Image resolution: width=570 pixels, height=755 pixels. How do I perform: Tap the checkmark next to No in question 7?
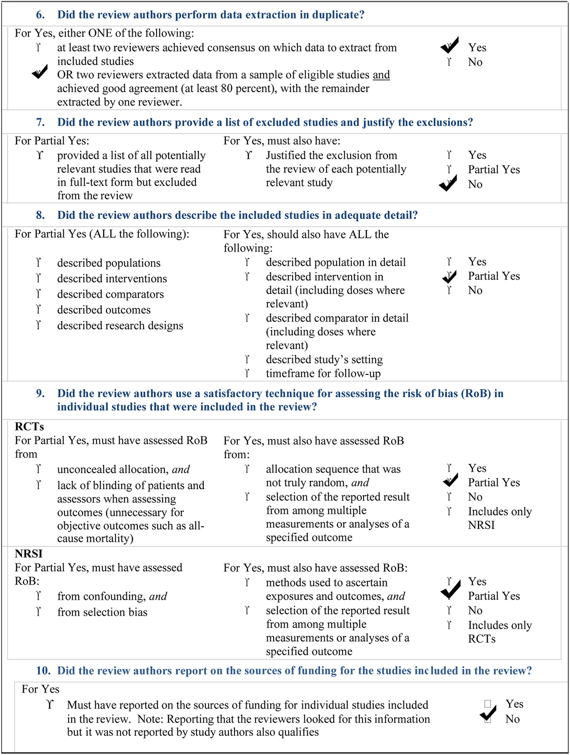pos(448,183)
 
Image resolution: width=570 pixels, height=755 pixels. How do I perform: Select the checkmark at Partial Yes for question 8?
pos(449,277)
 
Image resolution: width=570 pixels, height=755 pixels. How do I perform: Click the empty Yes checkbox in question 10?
pos(487,704)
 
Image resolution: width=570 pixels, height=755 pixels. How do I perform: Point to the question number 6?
pos(40,15)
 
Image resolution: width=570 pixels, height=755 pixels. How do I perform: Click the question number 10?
pos(43,671)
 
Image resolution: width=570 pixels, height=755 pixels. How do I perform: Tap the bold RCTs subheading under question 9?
pos(29,427)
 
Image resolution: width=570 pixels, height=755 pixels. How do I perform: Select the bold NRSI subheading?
pos(28,554)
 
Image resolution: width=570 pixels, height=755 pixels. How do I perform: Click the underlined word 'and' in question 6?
pos(381,75)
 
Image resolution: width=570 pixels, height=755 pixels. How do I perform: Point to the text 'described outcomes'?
pos(104,310)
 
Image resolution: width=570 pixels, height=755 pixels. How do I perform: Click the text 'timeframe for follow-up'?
pos(323,373)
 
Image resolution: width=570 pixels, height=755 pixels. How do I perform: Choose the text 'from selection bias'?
pos(102,612)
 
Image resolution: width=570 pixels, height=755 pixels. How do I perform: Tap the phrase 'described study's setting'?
pos(324,360)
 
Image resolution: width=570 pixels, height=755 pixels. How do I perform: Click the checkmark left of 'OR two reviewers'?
pos(40,72)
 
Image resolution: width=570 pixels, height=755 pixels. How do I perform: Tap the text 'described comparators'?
pos(110,294)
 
